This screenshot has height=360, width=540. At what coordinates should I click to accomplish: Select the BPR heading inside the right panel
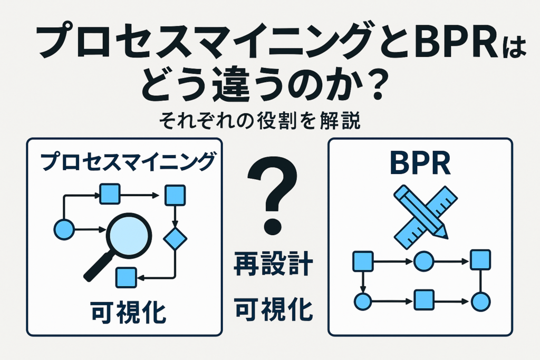[420, 165]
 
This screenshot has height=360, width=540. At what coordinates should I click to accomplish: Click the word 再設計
[273, 264]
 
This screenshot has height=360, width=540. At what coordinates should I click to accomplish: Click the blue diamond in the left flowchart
[175, 238]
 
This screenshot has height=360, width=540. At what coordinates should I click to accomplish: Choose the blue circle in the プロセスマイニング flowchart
[65, 229]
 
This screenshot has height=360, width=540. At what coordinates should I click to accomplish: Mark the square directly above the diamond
[175, 196]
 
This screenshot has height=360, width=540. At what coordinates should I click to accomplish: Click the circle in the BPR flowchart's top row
[423, 260]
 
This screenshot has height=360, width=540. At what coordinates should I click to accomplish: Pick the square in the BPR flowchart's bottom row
[423, 300]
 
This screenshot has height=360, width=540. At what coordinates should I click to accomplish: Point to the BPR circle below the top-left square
[363, 301]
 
